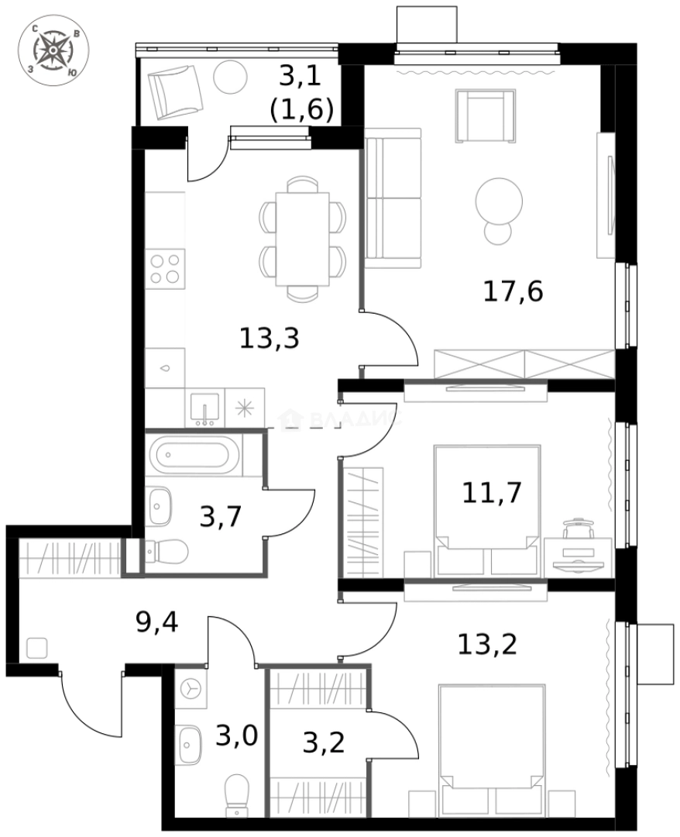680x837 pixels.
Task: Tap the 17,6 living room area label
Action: (x=512, y=292)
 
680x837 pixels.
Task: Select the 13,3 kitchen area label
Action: (x=269, y=339)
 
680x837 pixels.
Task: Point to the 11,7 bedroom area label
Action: (x=492, y=492)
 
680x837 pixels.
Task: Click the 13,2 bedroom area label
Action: (x=486, y=643)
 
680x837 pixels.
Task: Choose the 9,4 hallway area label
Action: (x=157, y=622)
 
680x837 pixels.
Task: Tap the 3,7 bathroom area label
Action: (x=221, y=516)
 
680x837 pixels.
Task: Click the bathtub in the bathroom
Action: (x=190, y=455)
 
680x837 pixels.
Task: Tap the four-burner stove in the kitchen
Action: (x=166, y=269)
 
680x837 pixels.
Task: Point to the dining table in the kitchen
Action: (x=302, y=239)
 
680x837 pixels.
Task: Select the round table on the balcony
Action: (x=230, y=77)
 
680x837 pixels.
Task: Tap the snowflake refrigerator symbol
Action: (x=245, y=408)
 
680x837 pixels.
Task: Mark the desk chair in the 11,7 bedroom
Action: (x=576, y=530)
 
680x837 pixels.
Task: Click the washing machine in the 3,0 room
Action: (x=191, y=687)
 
